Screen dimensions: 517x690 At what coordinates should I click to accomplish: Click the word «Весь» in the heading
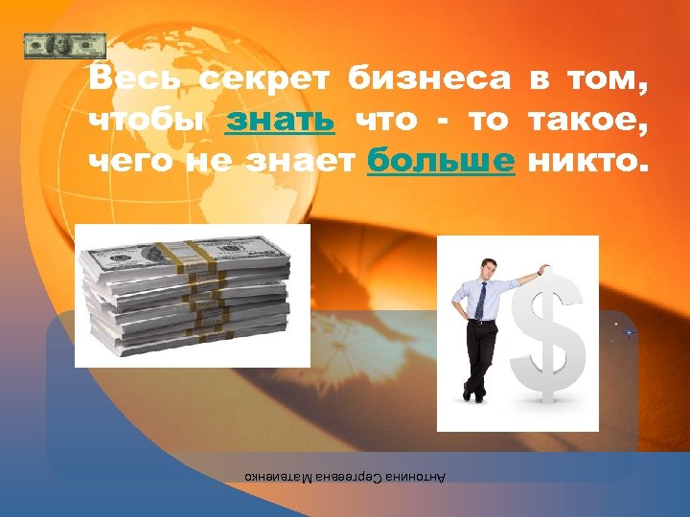coord(135,79)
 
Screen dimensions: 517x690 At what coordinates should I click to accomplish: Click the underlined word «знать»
coord(280,121)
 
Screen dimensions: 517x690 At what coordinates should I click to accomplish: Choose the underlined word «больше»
coord(441,161)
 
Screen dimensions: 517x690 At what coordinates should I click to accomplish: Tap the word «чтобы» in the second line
coord(146,121)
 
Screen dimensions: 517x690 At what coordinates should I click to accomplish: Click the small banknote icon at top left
coord(64,45)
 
